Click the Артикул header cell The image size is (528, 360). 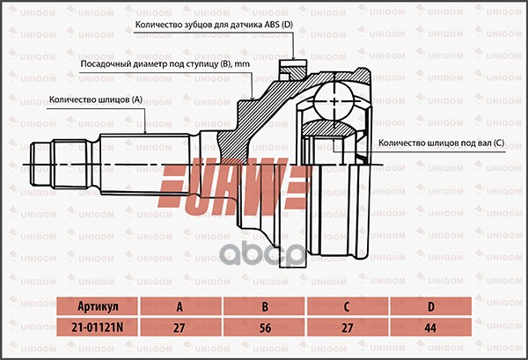98,306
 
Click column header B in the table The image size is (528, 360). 264,306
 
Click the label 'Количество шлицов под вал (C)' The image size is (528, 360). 441,143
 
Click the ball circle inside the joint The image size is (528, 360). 334,98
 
